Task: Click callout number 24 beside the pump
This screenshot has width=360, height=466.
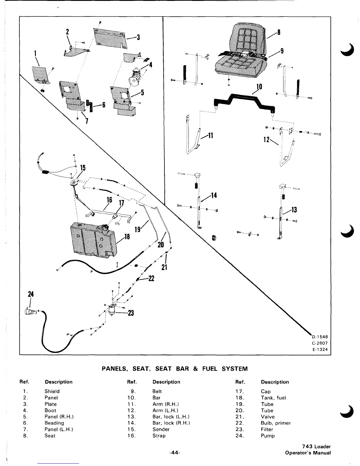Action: [31, 294]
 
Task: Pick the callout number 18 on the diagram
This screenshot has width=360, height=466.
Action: [127, 237]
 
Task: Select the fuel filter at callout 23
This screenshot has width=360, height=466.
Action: [112, 310]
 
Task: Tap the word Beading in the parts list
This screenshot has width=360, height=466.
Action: [54, 423]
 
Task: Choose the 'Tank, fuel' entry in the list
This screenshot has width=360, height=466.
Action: [273, 397]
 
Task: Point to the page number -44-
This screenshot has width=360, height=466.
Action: [174, 453]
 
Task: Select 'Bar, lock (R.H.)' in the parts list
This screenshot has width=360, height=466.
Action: [171, 423]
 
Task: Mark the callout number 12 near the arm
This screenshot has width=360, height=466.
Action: [266, 139]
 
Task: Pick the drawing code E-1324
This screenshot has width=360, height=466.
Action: [320, 349]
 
